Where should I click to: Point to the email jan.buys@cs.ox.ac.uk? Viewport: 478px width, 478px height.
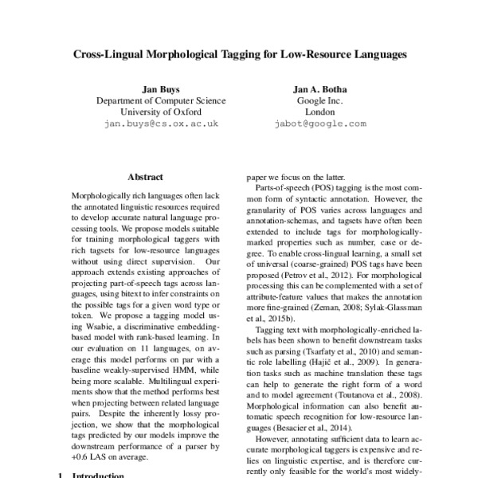[x=160, y=124]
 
